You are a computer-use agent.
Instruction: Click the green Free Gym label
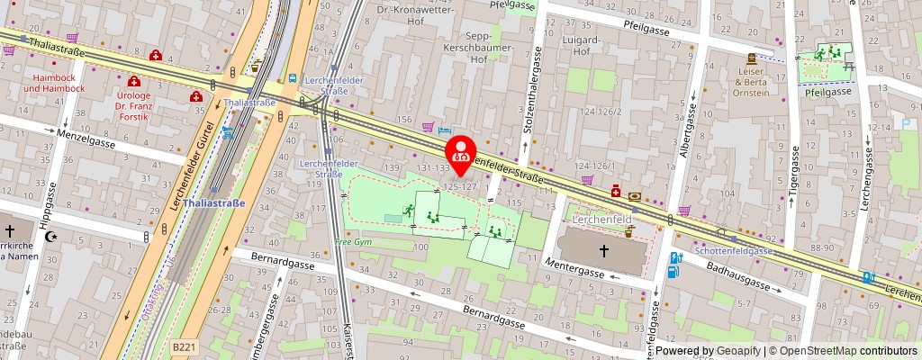tap(353, 243)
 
